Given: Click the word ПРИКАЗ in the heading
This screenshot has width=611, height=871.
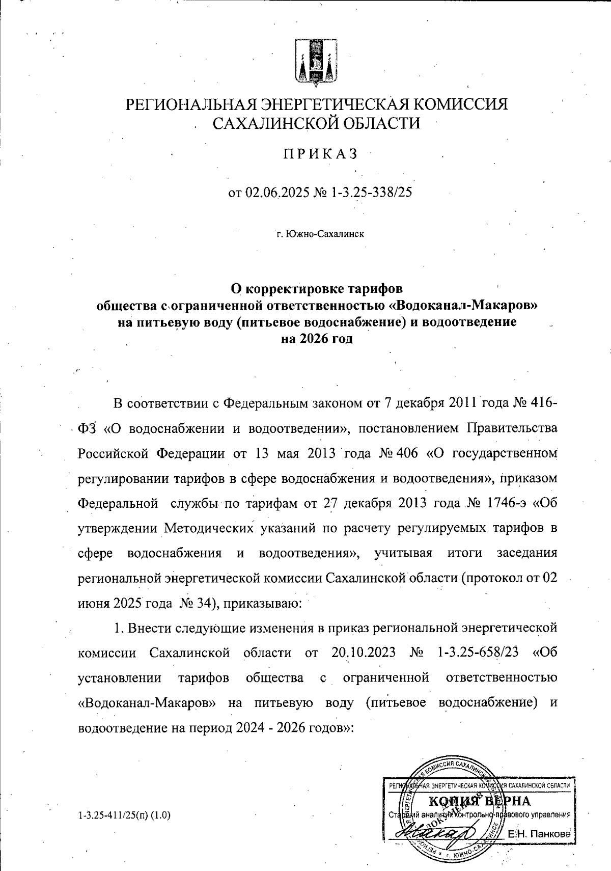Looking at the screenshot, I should tap(320, 153).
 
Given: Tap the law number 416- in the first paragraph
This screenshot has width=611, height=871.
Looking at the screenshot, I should tap(544, 403).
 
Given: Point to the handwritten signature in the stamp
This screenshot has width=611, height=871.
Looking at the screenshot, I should tap(437, 833).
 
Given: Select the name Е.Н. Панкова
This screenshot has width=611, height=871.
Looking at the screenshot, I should tap(540, 834).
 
